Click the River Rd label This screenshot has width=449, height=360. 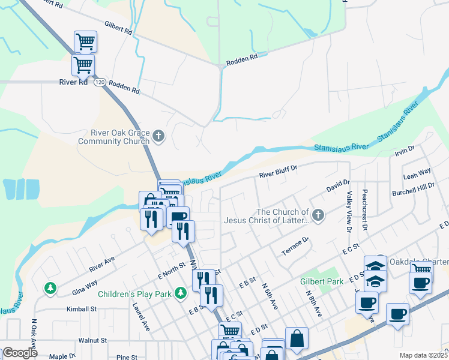73,83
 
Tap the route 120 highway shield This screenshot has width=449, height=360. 99,82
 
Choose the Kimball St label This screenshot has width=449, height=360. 82,309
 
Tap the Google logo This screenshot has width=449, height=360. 20,353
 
